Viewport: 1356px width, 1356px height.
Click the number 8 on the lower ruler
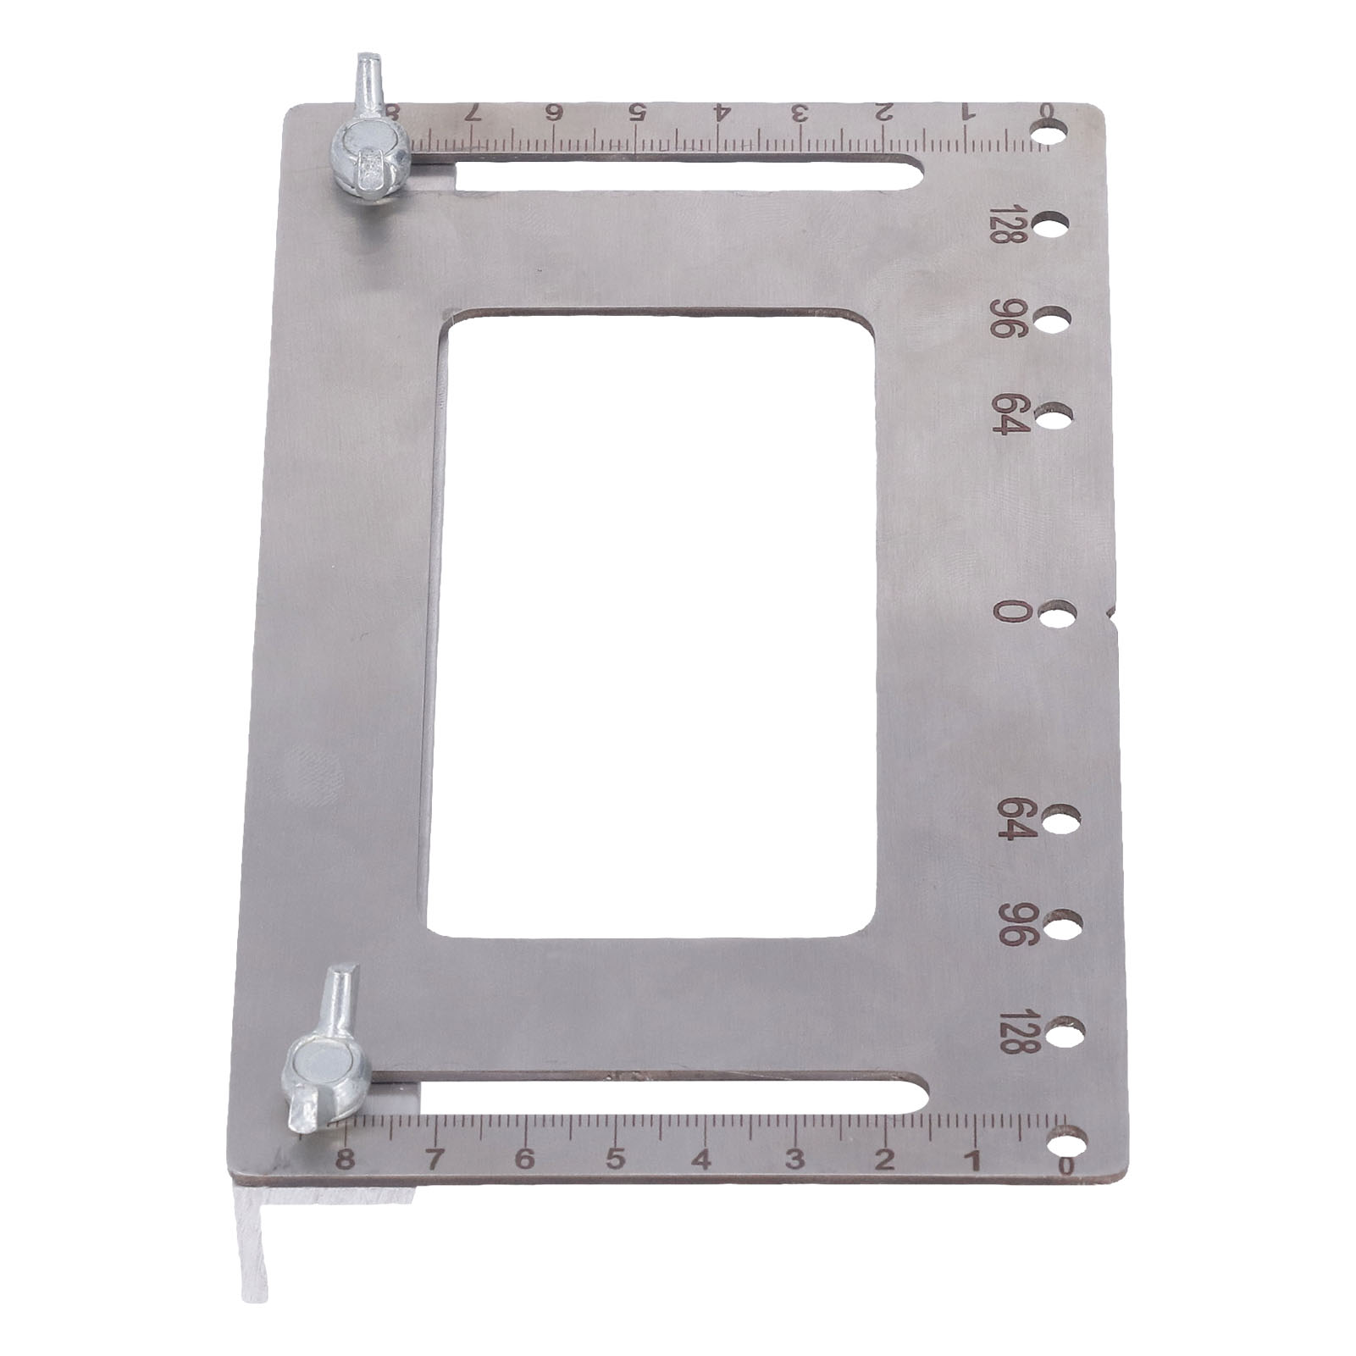[x=342, y=1159]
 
